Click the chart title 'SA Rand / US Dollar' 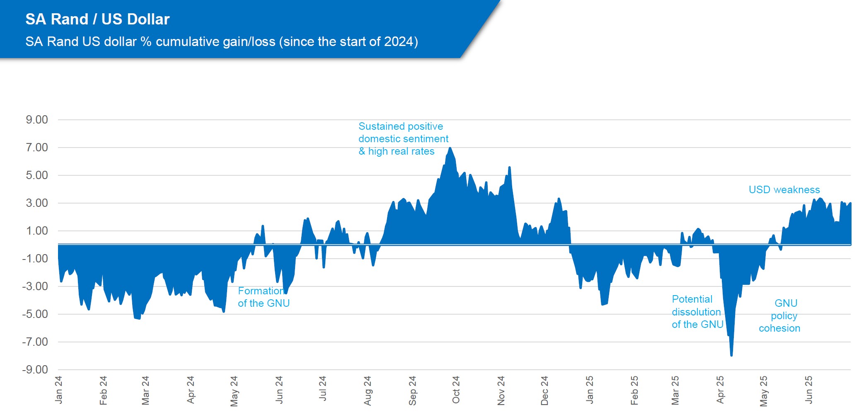[97, 19]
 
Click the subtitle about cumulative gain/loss [221, 42]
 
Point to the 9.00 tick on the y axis [37, 120]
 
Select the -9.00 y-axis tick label [35, 370]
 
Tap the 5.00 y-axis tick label [37, 175]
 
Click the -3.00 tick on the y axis [35, 286]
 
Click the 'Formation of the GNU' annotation [264, 297]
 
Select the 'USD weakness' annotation [784, 190]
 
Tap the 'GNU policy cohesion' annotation [780, 316]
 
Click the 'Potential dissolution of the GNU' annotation [697, 312]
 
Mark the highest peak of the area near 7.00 [450, 148]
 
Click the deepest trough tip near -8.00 [731, 355]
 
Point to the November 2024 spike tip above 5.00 [509, 167]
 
